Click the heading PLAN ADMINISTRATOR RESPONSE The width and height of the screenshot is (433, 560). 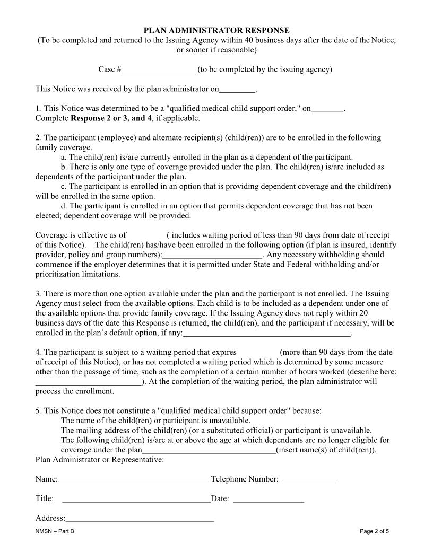pyautogui.click(x=216, y=31)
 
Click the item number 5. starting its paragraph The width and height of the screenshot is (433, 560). pyautogui.click(x=38, y=410)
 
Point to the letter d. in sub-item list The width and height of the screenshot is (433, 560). pyautogui.click(x=64, y=206)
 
